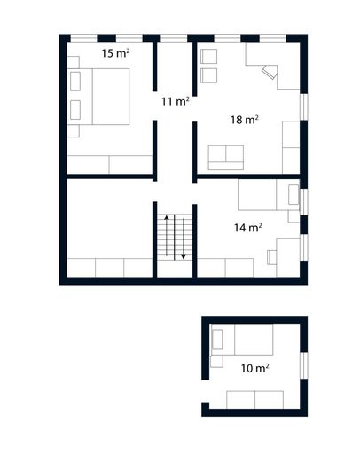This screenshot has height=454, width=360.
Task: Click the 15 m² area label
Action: (115, 53)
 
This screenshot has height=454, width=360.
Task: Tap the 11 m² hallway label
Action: (175, 101)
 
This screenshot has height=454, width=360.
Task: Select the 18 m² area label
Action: (244, 120)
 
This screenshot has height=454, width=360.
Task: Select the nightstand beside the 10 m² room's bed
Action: (215, 361)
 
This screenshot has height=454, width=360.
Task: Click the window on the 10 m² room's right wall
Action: (302, 364)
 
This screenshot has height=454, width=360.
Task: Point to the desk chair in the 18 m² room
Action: (267, 73)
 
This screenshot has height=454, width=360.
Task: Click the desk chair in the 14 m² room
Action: (271, 257)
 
